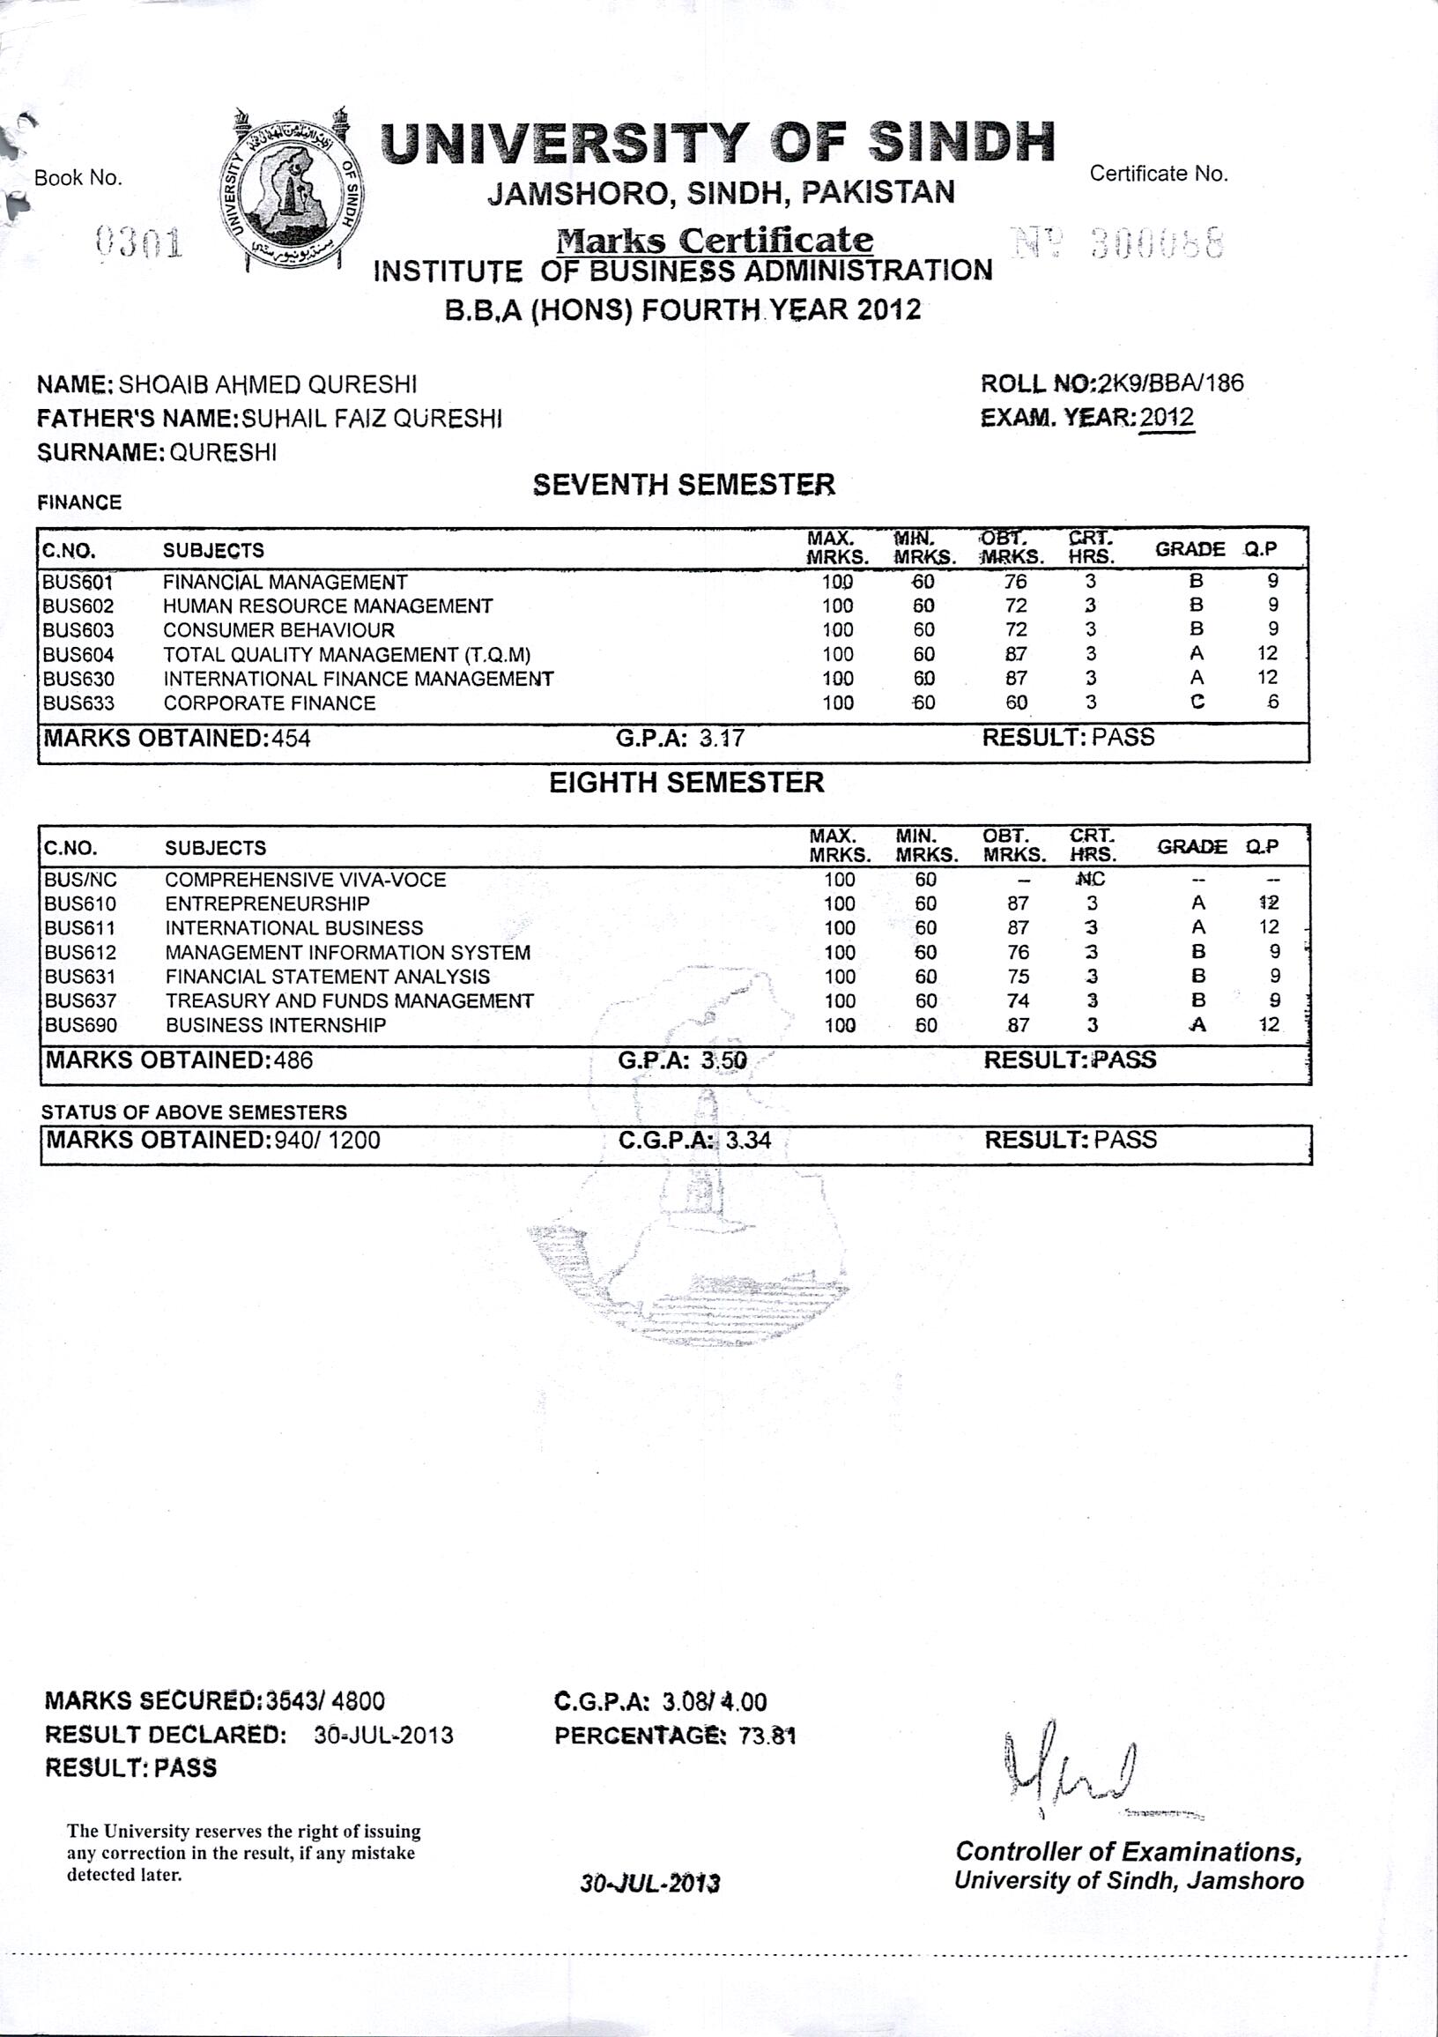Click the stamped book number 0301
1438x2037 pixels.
[138, 242]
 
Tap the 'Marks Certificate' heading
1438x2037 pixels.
[714, 240]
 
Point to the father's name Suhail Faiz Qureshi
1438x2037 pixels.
[372, 419]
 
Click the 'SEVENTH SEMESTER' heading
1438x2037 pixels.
[683, 485]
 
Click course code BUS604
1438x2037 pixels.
[79, 655]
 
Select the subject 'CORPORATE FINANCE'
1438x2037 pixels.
[269, 703]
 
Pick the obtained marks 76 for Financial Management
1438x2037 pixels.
[1016, 582]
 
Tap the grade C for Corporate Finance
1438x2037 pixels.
[1197, 703]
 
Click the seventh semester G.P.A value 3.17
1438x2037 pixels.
[722, 738]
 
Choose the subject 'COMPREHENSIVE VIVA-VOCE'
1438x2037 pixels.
[305, 880]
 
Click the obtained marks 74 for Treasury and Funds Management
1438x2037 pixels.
[1018, 1000]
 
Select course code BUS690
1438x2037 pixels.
[81, 1026]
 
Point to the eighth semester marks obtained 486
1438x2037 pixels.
[293, 1060]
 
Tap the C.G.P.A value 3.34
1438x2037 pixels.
[748, 1140]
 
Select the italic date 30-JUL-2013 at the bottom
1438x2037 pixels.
[650, 1883]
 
